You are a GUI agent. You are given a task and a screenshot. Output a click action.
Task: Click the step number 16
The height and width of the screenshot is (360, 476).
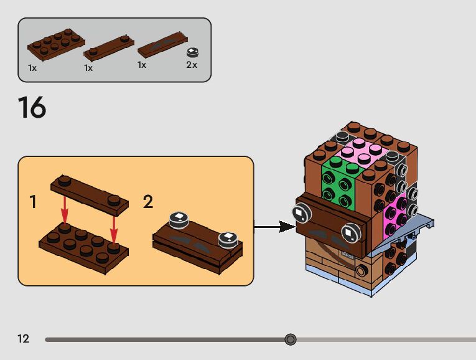(x=32, y=108)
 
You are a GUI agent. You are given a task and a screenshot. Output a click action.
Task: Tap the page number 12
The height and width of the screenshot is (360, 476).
(x=24, y=339)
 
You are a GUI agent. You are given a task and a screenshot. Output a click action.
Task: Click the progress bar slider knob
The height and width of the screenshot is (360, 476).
(x=290, y=339)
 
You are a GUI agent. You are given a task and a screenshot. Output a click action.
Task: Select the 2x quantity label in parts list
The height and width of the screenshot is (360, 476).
(x=192, y=65)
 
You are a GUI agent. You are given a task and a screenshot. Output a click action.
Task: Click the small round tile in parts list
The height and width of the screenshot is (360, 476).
(x=194, y=52)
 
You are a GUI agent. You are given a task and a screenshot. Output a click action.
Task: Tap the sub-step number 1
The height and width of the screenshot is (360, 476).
(x=33, y=202)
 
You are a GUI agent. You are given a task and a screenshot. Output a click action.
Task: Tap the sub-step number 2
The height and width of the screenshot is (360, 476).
(x=148, y=202)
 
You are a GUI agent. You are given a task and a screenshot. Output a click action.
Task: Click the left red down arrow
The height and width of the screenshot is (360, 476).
(x=65, y=212)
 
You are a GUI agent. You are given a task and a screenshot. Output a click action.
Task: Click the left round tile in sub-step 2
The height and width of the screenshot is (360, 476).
(x=177, y=219)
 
